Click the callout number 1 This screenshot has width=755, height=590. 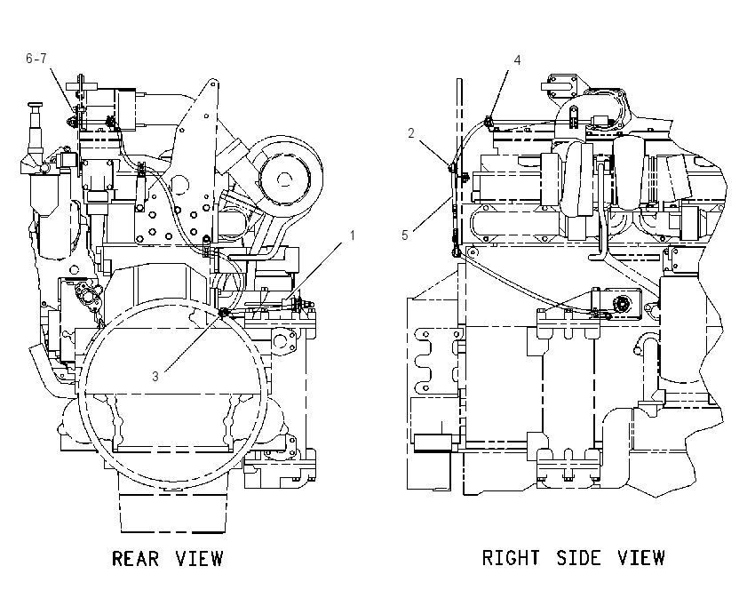click(x=352, y=235)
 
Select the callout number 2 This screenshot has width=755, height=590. click(x=410, y=133)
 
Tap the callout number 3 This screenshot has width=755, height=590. click(x=155, y=376)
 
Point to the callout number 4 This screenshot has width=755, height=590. click(x=517, y=60)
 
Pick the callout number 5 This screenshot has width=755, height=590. click(x=404, y=235)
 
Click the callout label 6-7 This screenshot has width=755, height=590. click(x=36, y=59)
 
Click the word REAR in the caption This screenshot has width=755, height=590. click(x=135, y=559)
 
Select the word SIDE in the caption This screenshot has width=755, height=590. click(x=579, y=558)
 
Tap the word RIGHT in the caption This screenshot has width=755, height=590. click(x=511, y=558)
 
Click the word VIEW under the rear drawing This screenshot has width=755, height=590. click(x=199, y=559)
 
